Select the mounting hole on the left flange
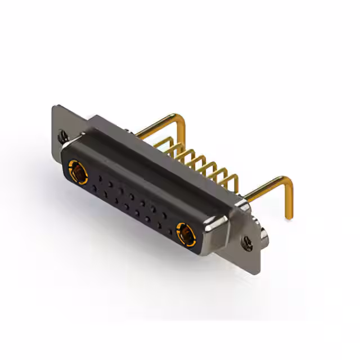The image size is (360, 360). point(62,136)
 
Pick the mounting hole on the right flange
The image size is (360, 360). point(246,242)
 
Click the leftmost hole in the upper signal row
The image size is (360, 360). point(101,178)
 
